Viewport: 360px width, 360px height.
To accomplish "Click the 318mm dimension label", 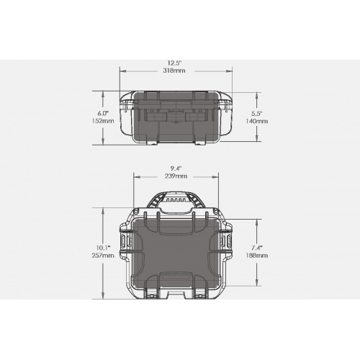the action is [174, 71].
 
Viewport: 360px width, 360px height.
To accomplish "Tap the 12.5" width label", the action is [174, 63].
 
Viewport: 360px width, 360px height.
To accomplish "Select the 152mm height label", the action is [103, 121].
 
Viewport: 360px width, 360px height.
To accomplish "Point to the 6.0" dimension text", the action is [103, 113].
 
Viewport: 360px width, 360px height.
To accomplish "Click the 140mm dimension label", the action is [256, 121].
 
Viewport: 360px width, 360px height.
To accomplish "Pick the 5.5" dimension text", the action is [257, 113].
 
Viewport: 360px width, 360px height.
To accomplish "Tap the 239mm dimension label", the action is [176, 176].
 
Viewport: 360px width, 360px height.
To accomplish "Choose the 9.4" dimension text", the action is [176, 168].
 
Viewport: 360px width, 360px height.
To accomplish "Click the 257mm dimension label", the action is [103, 256].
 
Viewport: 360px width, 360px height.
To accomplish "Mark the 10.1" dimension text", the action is [103, 248].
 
